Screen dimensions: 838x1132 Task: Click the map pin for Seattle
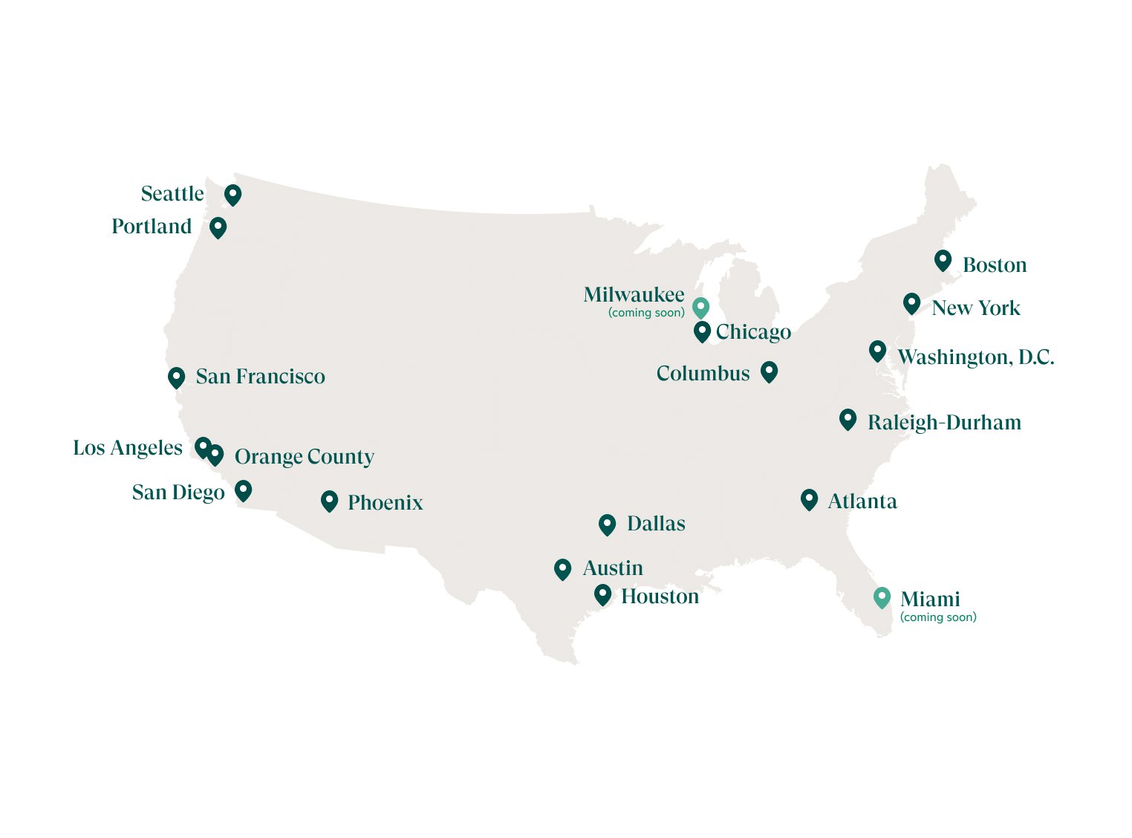pos(232,195)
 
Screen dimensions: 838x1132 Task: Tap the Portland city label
pos(152,227)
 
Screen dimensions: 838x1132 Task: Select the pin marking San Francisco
pos(176,377)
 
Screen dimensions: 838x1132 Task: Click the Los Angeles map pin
pos(202,446)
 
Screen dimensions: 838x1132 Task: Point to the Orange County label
pos(304,457)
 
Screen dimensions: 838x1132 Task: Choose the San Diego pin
pos(243,490)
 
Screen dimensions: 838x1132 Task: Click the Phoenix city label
pos(385,503)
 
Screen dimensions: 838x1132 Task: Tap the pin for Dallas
pos(607,524)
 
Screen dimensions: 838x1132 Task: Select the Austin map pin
pos(562,569)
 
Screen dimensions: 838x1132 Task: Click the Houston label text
pos(660,597)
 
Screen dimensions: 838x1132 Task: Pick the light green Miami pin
pos(882,597)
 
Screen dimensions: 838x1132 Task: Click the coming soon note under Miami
pos(938,617)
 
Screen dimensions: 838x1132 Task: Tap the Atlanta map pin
pos(809,499)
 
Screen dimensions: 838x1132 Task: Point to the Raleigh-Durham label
pos(944,423)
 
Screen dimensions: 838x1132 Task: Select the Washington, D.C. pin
pos(877,351)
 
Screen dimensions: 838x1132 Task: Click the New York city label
pos(975,308)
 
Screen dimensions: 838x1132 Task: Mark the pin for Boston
pos(943,261)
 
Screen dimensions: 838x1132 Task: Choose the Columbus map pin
pos(769,371)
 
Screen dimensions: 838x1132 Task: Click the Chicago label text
pos(753,332)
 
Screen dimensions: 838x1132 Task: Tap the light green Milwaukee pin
pos(700,308)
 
